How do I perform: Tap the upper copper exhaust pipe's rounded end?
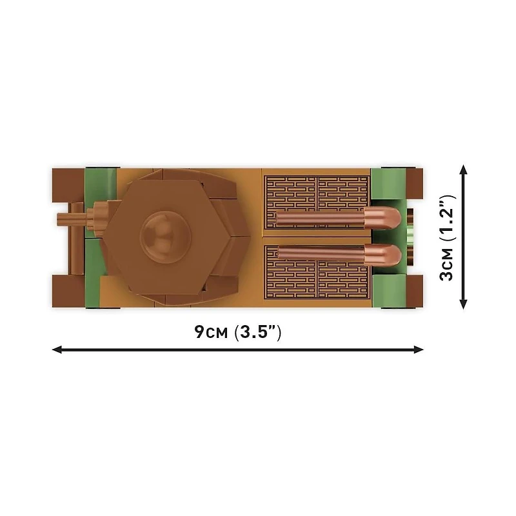pyautogui.click(x=382, y=219)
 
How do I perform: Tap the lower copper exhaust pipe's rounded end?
pyautogui.click(x=382, y=254)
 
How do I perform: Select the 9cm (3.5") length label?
pyautogui.click(x=237, y=332)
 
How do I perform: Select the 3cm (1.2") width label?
pyautogui.click(x=446, y=237)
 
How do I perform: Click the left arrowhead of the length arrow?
pyautogui.click(x=57, y=349)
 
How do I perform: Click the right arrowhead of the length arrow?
pyautogui.click(x=418, y=349)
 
